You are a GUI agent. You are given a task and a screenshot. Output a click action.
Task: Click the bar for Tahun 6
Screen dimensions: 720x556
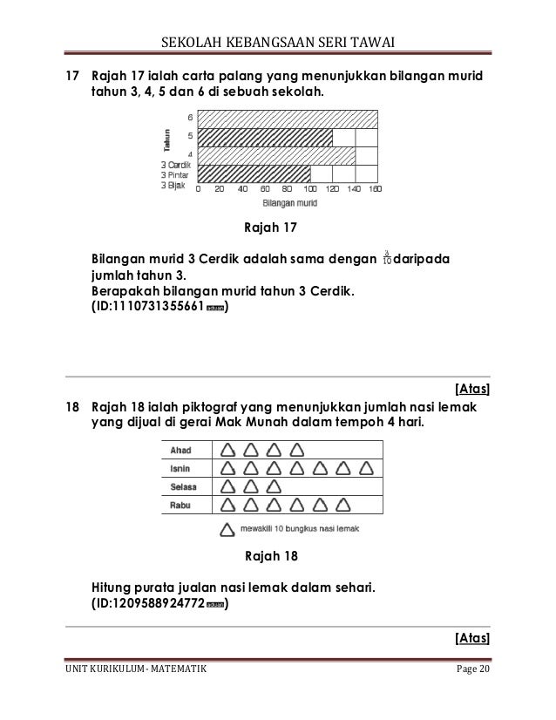(x=288, y=119)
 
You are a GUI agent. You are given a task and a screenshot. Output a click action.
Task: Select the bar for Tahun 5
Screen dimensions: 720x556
(x=265, y=137)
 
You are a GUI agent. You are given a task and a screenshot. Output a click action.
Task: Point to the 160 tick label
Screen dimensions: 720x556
(x=376, y=187)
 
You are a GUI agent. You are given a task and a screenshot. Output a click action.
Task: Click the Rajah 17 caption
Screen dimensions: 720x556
(x=269, y=229)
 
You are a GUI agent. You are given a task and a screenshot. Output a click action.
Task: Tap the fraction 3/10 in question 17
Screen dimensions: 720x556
(x=387, y=259)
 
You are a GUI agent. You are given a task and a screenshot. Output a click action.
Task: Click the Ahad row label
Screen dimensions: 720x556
(x=180, y=451)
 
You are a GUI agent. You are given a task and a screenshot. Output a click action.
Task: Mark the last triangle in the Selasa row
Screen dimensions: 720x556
(x=273, y=486)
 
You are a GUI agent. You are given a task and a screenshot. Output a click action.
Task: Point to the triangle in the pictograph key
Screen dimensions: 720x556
(x=227, y=528)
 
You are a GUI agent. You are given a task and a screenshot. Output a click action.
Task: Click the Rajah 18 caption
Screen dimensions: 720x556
(x=269, y=556)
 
